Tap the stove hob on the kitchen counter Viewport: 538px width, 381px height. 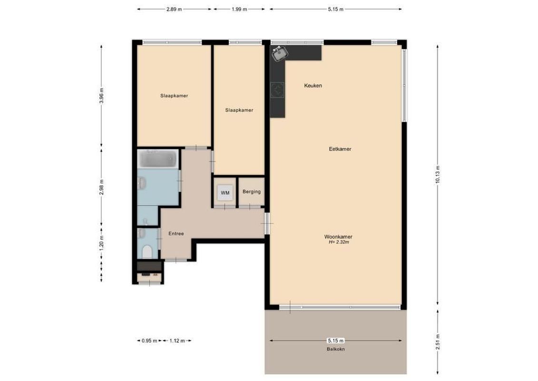coord(277,89)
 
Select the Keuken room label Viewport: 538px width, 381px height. coord(313,86)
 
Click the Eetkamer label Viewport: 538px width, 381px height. coord(340,149)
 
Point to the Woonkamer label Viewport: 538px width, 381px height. coord(338,237)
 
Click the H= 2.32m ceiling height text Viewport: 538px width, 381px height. coord(338,242)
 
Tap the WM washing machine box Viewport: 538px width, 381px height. coord(225,192)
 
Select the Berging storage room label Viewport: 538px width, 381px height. coord(251,192)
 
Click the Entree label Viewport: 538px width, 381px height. coord(176,233)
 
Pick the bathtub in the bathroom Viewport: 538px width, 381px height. coord(157,159)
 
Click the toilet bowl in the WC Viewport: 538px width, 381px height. coord(147,251)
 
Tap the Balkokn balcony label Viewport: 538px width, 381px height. coord(335,349)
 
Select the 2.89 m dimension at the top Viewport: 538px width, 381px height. coord(174,9)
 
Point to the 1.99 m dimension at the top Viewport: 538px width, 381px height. coord(239,9)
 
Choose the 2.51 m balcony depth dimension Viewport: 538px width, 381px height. coord(437,341)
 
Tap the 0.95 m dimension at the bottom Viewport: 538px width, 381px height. coord(149,341)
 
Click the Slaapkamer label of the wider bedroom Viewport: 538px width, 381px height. coord(174,96)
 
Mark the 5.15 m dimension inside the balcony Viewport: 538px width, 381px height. coord(335,341)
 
